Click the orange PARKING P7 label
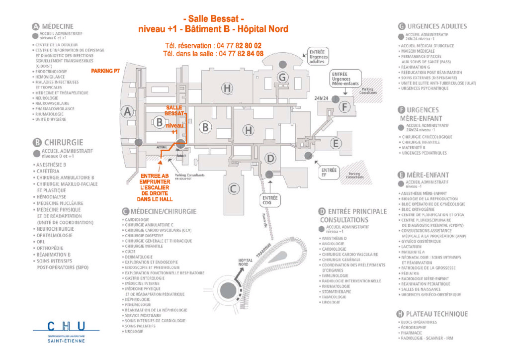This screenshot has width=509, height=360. coord(105,71)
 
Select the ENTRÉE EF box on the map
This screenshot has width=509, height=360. coord(330,173)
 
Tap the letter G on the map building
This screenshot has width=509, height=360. coord(282,77)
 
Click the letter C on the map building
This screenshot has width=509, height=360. coord(234,188)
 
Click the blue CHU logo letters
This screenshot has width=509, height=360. coord(67,326)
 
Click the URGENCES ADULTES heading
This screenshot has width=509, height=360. coord(436,26)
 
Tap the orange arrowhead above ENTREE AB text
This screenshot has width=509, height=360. coord(160,162)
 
